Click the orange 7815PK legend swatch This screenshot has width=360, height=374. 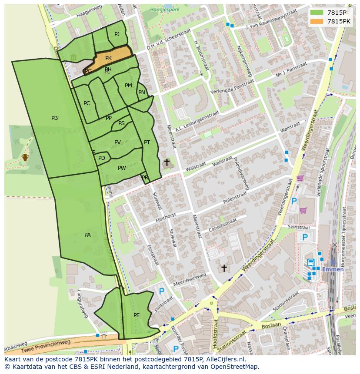(x=317, y=21)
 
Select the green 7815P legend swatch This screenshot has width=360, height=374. (x=317, y=12)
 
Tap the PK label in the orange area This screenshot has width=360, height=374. (x=108, y=58)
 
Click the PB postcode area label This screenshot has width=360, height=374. (x=54, y=118)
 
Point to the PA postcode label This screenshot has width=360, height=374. (x=87, y=235)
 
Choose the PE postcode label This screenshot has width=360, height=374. (x=137, y=315)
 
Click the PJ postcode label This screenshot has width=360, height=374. (x=117, y=34)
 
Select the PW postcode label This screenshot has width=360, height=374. (x=122, y=168)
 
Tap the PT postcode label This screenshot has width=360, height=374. (x=147, y=142)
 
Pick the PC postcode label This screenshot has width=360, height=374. (x=87, y=103)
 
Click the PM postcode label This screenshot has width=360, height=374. (x=128, y=86)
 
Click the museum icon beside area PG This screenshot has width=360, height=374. (x=73, y=57)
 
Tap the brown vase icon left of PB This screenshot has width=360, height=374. (x=25, y=157)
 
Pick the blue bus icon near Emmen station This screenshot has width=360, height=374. (x=311, y=262)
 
